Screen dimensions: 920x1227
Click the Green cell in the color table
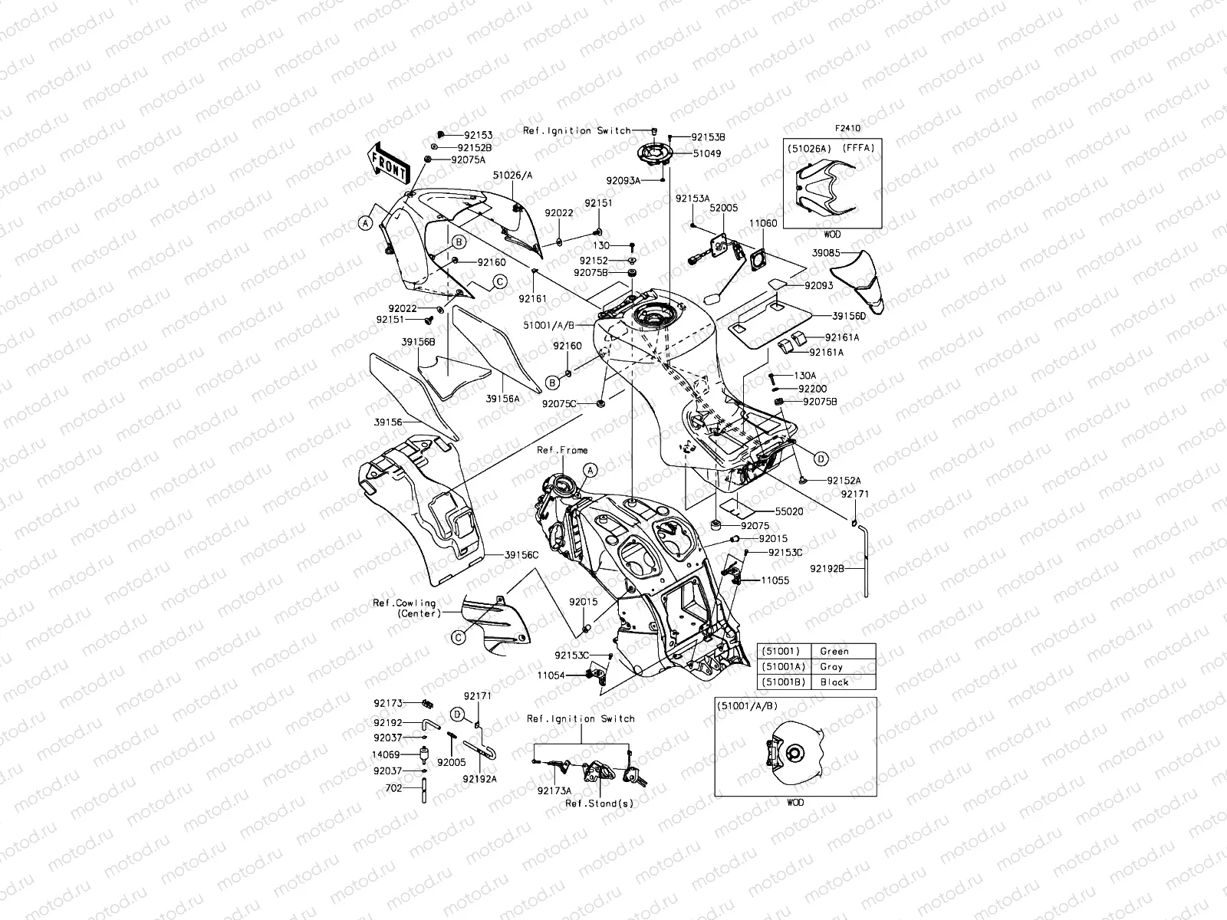coord(834,651)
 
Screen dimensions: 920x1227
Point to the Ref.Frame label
coord(562,450)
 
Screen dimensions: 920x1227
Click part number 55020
coord(788,510)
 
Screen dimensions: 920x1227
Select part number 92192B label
coord(827,568)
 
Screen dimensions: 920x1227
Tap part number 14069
coord(387,754)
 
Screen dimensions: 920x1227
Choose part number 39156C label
coord(521,554)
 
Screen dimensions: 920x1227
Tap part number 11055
coord(775,580)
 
